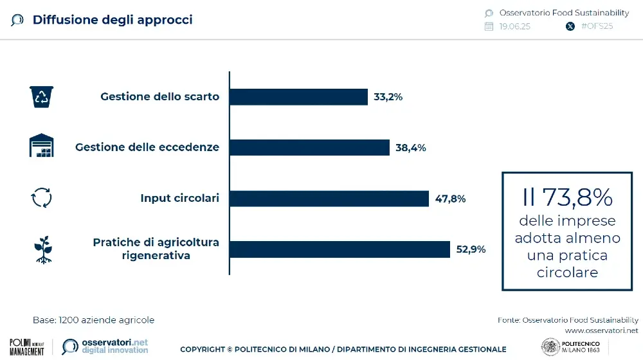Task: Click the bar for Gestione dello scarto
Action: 298,97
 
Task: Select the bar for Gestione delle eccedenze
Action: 309,147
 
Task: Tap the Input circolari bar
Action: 329,199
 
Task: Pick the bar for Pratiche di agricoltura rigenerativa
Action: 340,249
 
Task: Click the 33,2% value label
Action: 388,97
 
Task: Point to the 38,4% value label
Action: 410,147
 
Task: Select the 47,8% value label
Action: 450,199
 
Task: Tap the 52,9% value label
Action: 471,249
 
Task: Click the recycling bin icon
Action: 42,97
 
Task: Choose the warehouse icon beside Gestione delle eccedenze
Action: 42,147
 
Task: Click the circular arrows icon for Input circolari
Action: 42,198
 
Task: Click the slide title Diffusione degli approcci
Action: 113,20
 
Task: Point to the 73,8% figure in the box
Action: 567,198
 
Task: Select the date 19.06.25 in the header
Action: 514,26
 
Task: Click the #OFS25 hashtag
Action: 597,26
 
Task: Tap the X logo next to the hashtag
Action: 570,26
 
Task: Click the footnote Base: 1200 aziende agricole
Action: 93,319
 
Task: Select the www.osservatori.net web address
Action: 601,330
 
